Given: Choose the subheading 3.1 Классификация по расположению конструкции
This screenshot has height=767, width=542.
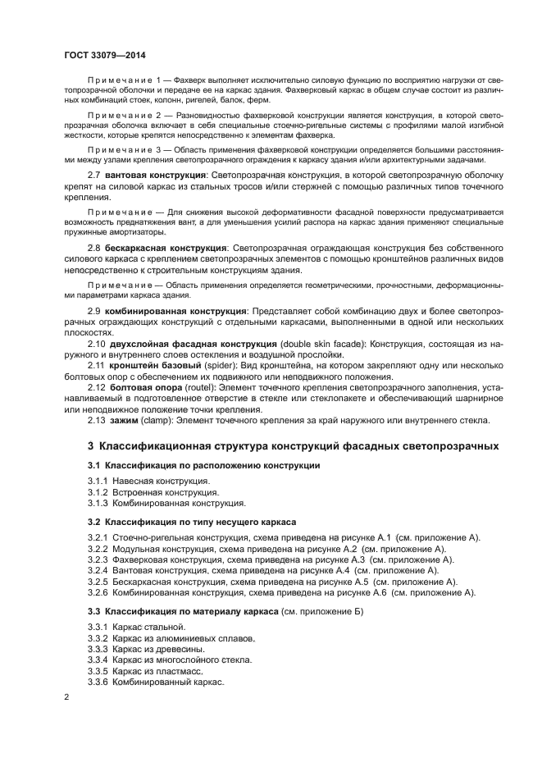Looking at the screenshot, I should coord(203,466).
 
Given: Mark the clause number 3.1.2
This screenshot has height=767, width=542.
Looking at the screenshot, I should coord(99,492).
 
